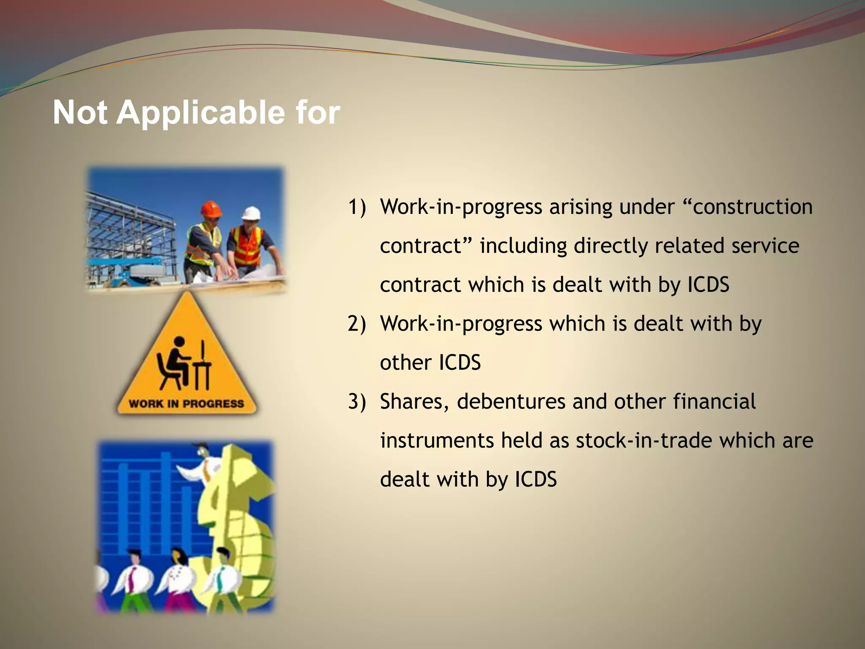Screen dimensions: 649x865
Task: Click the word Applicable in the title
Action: [x=200, y=113]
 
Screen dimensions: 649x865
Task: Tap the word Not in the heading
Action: [x=79, y=113]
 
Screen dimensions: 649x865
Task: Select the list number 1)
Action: [x=357, y=207]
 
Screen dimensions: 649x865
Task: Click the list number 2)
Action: [x=357, y=324]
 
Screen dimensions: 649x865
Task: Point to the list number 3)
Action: [x=357, y=402]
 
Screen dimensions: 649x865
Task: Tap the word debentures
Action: [x=511, y=402]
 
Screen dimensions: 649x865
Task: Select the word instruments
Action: [x=437, y=441]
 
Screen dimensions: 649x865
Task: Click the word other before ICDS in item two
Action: [x=405, y=363]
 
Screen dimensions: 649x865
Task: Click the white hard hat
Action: [x=252, y=213]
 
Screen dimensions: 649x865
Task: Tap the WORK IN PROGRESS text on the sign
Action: [x=186, y=404]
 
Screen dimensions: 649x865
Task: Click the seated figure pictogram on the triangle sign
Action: [x=184, y=363]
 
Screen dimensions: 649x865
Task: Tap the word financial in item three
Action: [x=714, y=402]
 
